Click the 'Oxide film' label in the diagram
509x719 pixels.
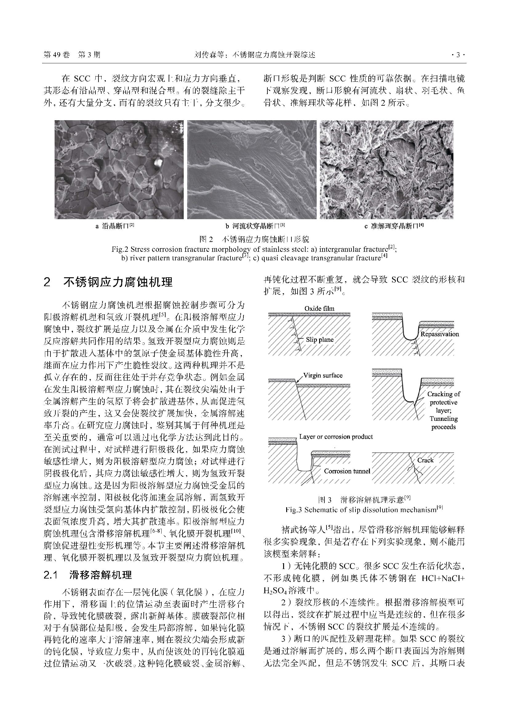click(319, 308)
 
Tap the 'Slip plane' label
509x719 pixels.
click(319, 340)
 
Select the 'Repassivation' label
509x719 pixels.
click(439, 334)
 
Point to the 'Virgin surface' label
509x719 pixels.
click(323, 375)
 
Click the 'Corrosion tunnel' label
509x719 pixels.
click(347, 471)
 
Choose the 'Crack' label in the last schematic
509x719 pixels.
click(425, 460)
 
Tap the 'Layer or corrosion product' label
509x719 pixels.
click(336, 437)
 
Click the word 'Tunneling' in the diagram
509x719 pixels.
click(443, 419)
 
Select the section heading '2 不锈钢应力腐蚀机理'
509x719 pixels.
click(108, 282)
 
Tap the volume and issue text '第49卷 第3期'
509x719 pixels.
click(72, 55)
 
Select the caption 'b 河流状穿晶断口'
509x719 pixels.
click(255, 226)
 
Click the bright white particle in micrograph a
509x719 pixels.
click(158, 162)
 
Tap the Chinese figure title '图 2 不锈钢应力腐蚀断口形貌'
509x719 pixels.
click(254, 239)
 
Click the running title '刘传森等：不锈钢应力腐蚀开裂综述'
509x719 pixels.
click(254, 55)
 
